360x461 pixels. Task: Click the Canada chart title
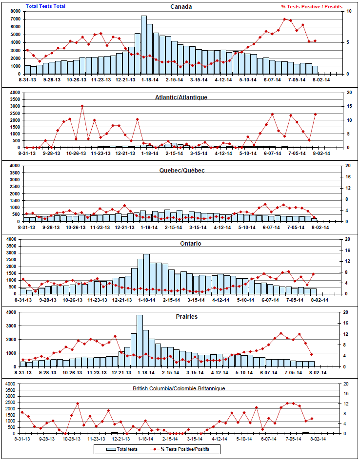(181, 6)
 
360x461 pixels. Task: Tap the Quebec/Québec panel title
(181, 170)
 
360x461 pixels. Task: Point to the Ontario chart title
(181, 243)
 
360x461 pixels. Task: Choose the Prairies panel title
(187, 316)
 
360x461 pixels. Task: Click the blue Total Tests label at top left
(45, 6)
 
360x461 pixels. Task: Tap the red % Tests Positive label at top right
(311, 6)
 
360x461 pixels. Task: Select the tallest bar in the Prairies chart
(140, 341)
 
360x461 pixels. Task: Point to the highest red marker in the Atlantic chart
(82, 106)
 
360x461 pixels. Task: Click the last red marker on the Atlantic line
(315, 114)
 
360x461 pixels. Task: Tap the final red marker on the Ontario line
(313, 274)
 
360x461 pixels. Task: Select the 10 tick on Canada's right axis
(348, 11)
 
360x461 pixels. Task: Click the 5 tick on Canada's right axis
(347, 42)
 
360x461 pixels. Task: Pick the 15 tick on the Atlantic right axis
(348, 106)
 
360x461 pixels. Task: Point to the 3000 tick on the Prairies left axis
(13, 326)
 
